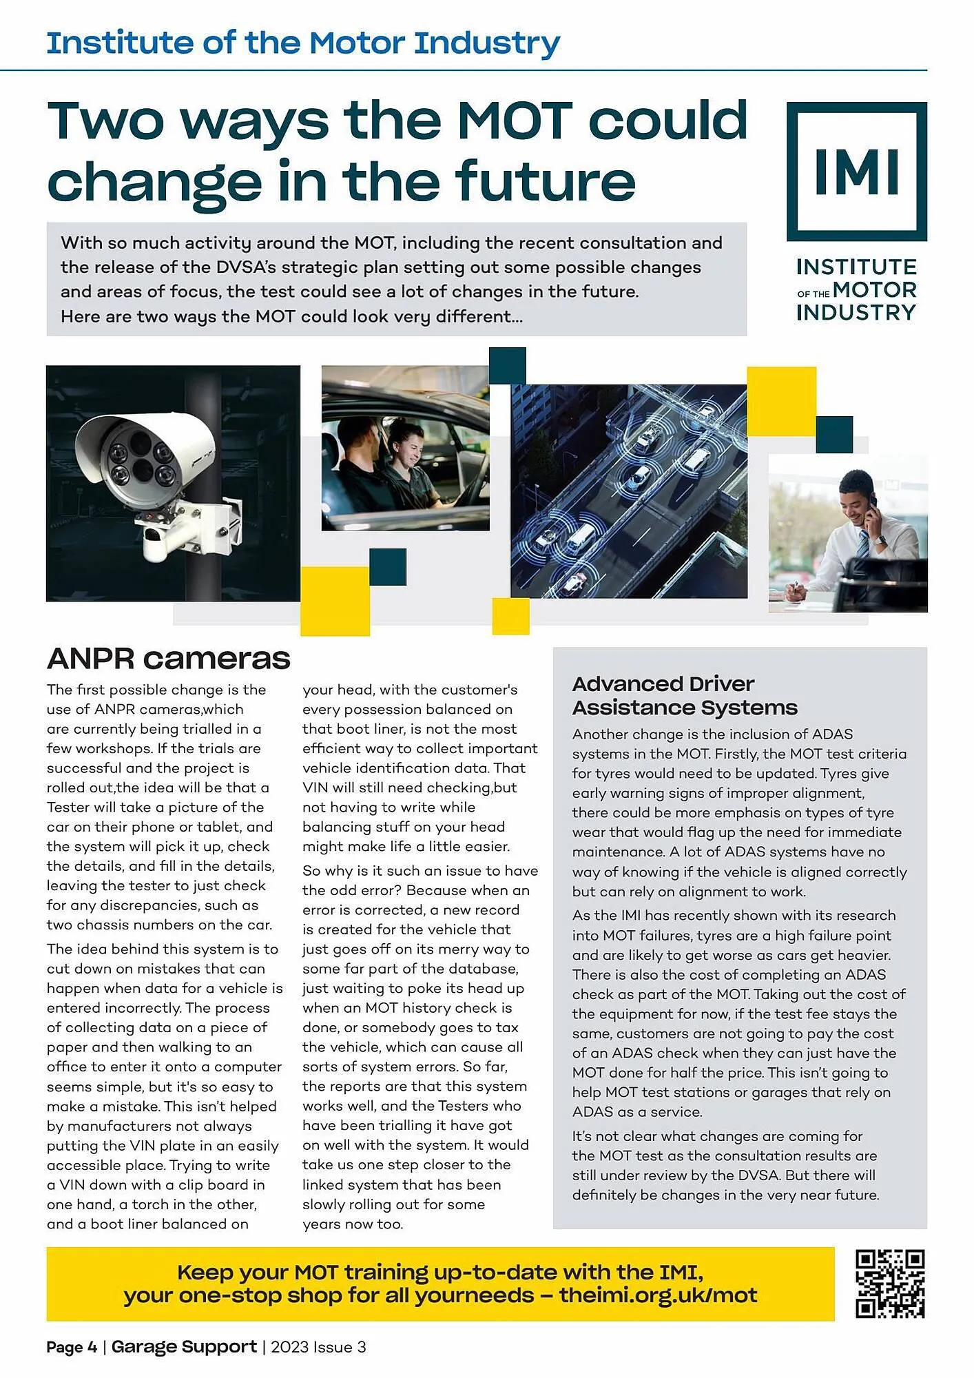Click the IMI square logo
click(856, 171)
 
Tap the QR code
click(889, 1283)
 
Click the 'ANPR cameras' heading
click(168, 658)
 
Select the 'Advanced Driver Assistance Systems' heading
click(684, 695)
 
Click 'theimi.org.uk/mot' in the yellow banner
click(657, 1295)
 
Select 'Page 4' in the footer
click(72, 1347)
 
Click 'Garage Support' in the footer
click(184, 1346)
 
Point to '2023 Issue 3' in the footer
click(318, 1347)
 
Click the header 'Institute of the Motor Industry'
click(303, 43)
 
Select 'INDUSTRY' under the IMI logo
click(856, 313)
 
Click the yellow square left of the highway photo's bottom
click(510, 615)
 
